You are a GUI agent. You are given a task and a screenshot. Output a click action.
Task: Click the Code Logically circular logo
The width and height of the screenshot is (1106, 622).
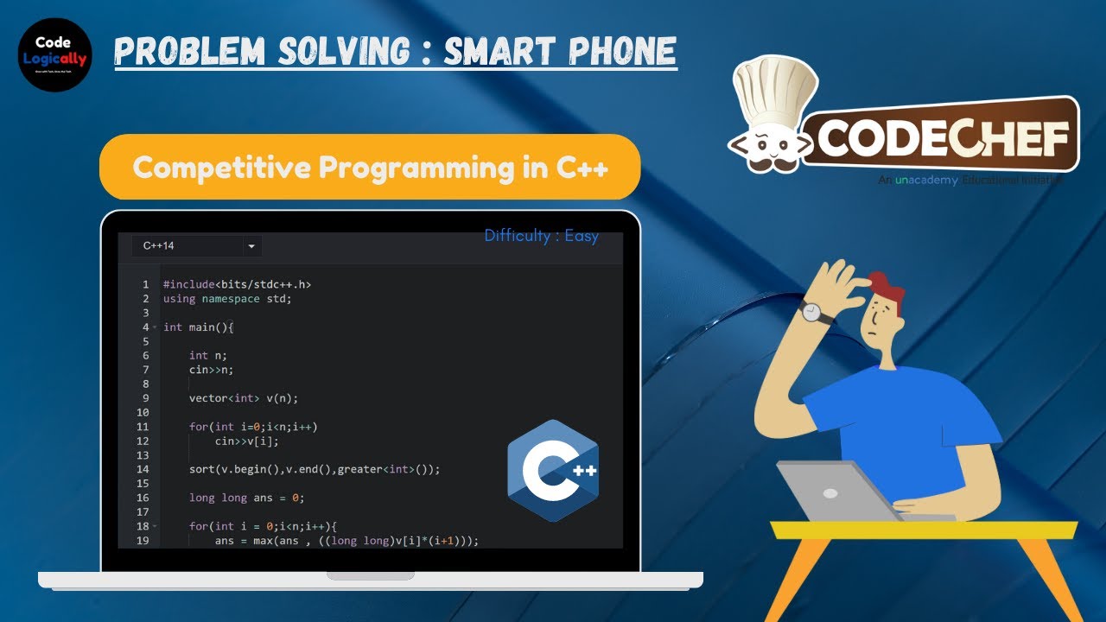pos(55,53)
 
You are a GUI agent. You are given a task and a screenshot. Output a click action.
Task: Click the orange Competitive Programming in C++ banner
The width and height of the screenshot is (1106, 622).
pos(370,167)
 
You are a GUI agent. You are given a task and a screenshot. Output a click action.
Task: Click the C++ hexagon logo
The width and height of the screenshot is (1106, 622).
pos(553,470)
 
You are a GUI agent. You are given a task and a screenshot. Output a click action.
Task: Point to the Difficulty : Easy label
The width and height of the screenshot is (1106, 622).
pos(541,236)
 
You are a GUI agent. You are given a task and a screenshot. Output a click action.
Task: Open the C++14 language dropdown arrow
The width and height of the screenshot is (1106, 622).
pos(251,246)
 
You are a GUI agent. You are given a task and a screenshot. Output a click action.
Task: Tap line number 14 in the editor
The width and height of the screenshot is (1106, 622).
pos(143,469)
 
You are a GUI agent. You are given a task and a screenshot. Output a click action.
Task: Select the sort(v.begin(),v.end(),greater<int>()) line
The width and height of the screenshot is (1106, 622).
pos(315,469)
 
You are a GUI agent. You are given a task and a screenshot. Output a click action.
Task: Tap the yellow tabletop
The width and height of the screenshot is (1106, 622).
pos(925,530)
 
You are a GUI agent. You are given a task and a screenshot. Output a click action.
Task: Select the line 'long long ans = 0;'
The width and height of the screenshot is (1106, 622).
pos(247,498)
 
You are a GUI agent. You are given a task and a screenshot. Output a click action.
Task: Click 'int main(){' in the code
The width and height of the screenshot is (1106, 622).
pos(199,327)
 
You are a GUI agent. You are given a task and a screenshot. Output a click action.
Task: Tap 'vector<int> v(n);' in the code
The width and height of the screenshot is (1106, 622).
pos(244,398)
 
